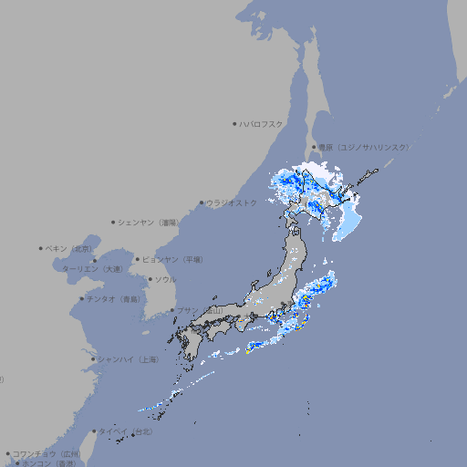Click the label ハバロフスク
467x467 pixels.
(x=262, y=123)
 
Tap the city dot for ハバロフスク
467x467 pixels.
(x=234, y=123)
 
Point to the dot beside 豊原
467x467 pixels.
(x=314, y=147)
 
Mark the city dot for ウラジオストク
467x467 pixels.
(x=202, y=202)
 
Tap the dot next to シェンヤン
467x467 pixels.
(x=114, y=222)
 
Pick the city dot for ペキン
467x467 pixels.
(x=41, y=248)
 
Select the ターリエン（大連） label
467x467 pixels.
(x=91, y=269)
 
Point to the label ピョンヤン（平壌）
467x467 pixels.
(x=173, y=259)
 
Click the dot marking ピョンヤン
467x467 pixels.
(x=139, y=259)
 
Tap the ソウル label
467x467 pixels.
(x=165, y=279)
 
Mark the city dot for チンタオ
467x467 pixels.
(x=82, y=298)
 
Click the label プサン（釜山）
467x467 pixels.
(x=200, y=310)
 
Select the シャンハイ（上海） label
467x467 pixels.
(x=129, y=359)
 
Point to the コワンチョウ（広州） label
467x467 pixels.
(x=47, y=453)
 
